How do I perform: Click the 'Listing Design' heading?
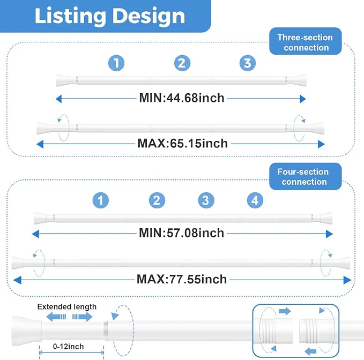click(110, 16)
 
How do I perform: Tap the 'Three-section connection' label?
click(305, 42)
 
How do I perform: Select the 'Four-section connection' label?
click(303, 177)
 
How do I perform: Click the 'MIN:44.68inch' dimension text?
click(182, 98)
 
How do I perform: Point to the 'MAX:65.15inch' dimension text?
click(182, 144)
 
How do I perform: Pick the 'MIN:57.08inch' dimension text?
click(181, 233)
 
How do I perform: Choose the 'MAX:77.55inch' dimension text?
click(182, 279)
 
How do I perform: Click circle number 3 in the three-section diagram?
click(248, 63)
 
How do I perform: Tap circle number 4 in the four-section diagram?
click(255, 200)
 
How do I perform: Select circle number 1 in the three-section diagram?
click(116, 63)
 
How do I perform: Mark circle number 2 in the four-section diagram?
click(157, 200)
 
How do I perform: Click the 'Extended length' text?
click(67, 306)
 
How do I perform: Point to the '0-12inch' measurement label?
click(68, 346)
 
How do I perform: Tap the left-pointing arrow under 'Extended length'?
click(56, 317)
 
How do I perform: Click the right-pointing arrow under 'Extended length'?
click(83, 317)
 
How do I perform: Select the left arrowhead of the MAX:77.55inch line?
click(17, 280)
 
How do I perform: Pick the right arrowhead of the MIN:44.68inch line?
click(303, 99)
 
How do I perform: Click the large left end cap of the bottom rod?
click(27, 331)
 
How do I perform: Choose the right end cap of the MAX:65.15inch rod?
click(318, 128)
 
